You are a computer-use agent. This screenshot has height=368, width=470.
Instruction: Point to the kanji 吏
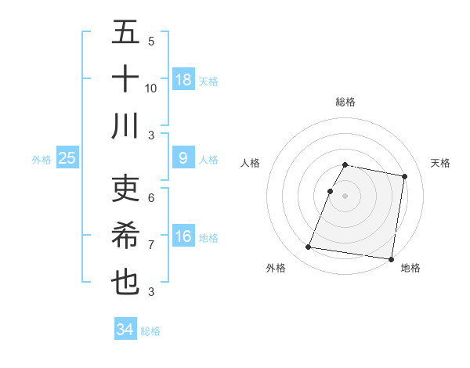coord(125,189)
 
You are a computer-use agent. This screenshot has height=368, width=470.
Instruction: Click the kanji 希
coord(125,236)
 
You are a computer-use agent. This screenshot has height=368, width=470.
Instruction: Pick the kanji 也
coord(125,283)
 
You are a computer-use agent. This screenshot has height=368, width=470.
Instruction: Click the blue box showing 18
coord(183,79)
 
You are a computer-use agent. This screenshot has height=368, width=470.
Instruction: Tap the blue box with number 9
coord(183,158)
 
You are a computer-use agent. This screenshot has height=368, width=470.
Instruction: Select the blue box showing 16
coord(183,236)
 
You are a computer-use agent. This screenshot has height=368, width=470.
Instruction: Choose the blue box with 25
coord(67,158)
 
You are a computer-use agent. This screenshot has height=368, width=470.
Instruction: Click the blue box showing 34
coord(125,330)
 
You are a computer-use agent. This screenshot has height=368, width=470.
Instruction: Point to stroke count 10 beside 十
coord(151,88)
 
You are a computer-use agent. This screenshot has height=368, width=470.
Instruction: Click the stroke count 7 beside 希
coord(151,245)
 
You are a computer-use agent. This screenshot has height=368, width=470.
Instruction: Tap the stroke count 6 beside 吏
coord(151,198)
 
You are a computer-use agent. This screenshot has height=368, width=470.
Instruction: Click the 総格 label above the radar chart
coord(345,102)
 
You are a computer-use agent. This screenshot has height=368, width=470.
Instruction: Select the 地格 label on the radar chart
coord(410,268)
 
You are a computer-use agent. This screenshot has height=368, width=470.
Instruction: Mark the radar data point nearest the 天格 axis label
coord(404,177)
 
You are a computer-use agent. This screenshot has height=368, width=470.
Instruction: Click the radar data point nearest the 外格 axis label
coord(308,247)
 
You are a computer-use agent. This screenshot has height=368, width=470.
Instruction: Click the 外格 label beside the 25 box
coord(42,159)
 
